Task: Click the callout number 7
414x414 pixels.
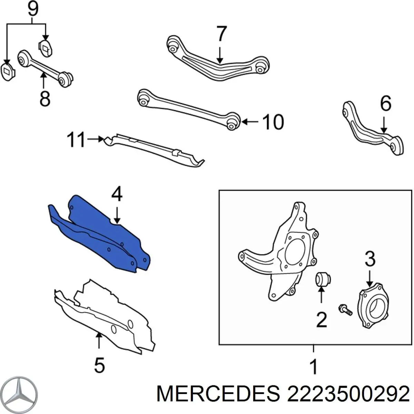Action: pyautogui.click(x=221, y=34)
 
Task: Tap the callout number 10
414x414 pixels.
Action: pyautogui.click(x=273, y=122)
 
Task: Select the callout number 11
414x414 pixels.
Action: pyautogui.click(x=76, y=140)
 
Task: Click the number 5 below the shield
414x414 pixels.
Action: pyautogui.click(x=99, y=365)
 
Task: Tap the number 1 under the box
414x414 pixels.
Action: pyautogui.click(x=313, y=366)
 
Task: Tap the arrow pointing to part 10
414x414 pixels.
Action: pyautogui.click(x=249, y=122)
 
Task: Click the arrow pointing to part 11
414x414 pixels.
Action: pyautogui.click(x=96, y=139)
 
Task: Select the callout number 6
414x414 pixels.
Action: pyautogui.click(x=385, y=103)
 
